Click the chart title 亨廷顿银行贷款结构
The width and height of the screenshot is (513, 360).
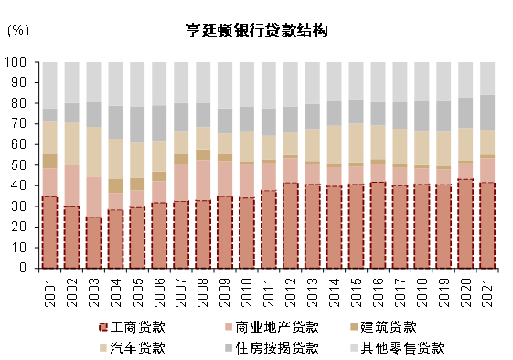click(256, 30)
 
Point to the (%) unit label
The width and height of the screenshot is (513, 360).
click(17, 30)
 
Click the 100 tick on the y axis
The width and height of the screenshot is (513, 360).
click(17, 62)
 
